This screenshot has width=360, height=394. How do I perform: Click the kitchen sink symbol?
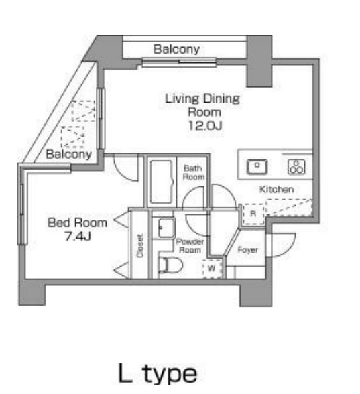pyautogui.click(x=257, y=166)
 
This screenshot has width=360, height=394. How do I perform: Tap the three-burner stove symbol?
pyautogui.click(x=296, y=167)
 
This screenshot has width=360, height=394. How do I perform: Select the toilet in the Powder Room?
pyautogui.click(x=170, y=265)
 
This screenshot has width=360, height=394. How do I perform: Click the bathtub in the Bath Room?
pyautogui.click(x=162, y=182)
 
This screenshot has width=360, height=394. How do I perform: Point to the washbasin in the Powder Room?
pyautogui.click(x=167, y=228)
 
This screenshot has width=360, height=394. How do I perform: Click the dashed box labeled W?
pyautogui.click(x=213, y=269)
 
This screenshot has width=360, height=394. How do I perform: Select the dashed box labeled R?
pyautogui.click(x=253, y=214)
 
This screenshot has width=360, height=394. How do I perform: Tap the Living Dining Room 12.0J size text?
pyautogui.click(x=205, y=125)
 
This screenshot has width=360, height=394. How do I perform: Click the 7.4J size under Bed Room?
pyautogui.click(x=78, y=236)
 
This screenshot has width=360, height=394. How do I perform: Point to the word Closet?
pyautogui.click(x=139, y=246)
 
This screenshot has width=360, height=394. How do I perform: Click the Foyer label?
pyautogui.click(x=248, y=250)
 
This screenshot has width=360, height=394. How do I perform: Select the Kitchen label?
pyautogui.click(x=276, y=189)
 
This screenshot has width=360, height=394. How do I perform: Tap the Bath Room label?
pyautogui.click(x=193, y=172)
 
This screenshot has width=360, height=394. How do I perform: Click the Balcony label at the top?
pyautogui.click(x=176, y=49)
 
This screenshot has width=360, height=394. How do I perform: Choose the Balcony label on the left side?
pyautogui.click(x=68, y=154)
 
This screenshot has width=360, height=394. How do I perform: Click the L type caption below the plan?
pyautogui.click(x=158, y=374)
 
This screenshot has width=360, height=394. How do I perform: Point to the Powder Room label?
pyautogui.click(x=190, y=246)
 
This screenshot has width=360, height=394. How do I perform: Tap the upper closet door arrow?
pyautogui.click(x=122, y=219)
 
